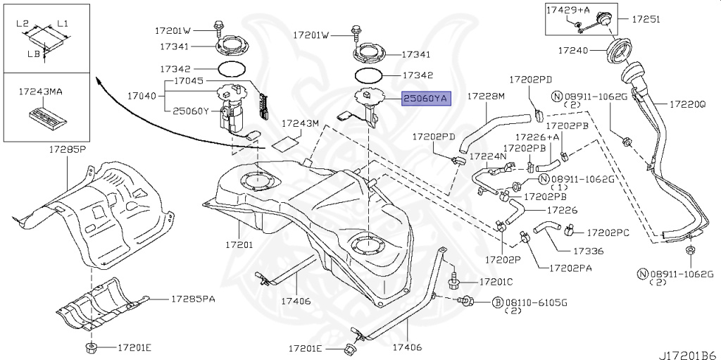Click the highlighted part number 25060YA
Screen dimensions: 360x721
[425, 99]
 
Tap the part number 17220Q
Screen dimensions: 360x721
[687, 104]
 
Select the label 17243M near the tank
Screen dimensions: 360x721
[301, 124]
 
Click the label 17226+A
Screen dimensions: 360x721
[537, 137]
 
